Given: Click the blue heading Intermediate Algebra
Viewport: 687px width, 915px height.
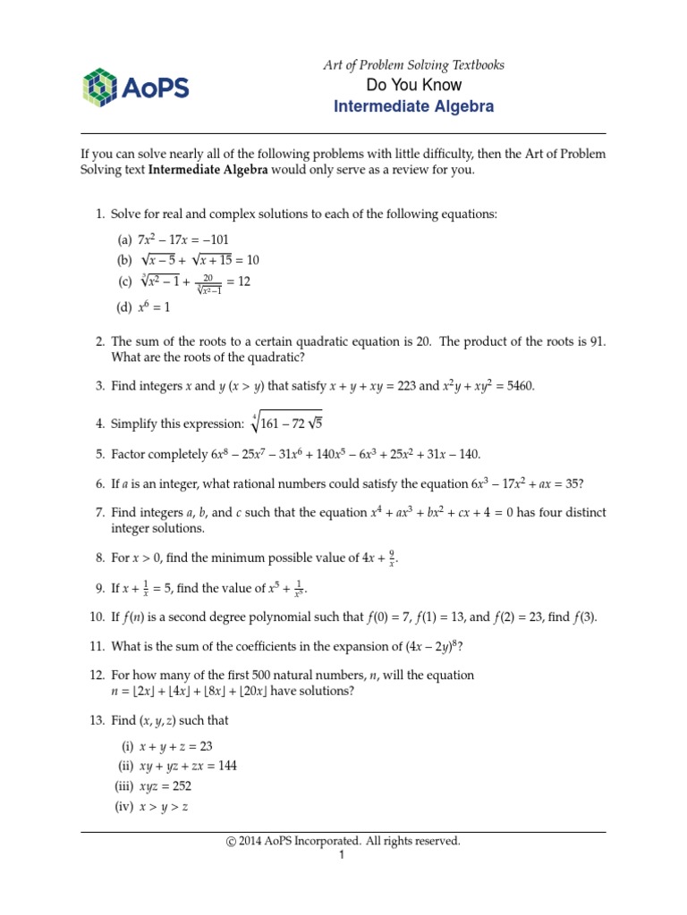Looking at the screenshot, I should pos(413,107).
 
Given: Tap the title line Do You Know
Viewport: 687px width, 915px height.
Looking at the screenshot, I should pos(413,86).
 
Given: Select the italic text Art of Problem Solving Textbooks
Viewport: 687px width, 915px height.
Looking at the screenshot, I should pos(413,65).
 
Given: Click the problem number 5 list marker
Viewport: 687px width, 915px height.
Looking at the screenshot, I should pos(100,454).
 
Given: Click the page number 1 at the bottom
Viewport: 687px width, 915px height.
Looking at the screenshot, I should pos(342,855).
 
